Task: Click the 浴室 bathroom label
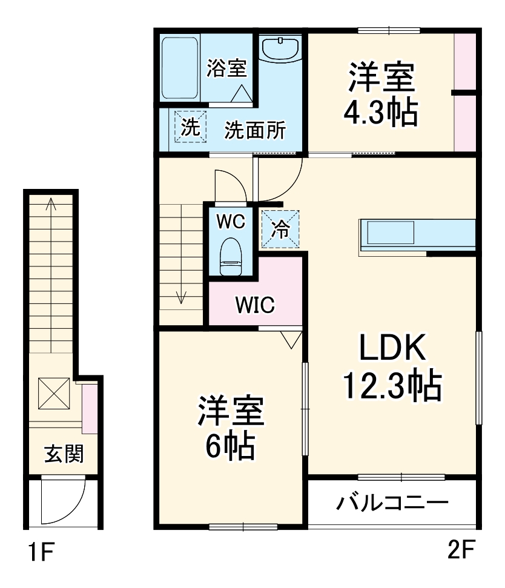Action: [226, 68]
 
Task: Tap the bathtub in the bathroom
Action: [180, 68]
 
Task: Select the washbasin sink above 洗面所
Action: [280, 48]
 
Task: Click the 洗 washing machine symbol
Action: [191, 127]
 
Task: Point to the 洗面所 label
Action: [255, 130]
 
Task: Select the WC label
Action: [231, 222]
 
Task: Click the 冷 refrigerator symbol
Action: [280, 228]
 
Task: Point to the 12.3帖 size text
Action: [392, 385]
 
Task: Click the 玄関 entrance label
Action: [63, 454]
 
